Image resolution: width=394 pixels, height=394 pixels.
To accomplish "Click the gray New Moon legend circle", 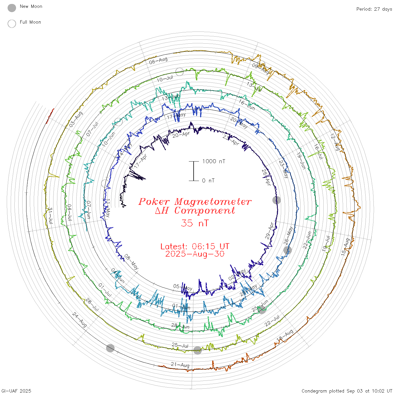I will [x=12, y=8].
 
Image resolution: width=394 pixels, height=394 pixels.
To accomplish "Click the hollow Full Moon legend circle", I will [x=12, y=24].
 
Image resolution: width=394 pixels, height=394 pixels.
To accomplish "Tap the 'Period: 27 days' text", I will [x=374, y=9].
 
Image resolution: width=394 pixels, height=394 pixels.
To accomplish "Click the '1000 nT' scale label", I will [x=214, y=161].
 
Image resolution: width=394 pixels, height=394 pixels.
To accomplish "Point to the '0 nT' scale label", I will [x=208, y=180].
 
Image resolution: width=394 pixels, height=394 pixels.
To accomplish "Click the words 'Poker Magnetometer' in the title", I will [x=195, y=202].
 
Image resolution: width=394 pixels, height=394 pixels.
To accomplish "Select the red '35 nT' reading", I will [x=195, y=223].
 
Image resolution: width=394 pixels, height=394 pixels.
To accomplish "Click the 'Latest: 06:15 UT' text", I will [x=195, y=247].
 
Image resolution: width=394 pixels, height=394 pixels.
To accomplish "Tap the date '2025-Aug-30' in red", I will [x=195, y=254].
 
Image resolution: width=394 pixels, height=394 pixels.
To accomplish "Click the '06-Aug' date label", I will [x=158, y=61].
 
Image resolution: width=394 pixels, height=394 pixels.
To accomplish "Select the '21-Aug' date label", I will [x=180, y=365].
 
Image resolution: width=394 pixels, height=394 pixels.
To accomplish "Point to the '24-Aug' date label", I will [x=79, y=319].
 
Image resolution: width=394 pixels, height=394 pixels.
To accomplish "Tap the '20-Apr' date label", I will [x=181, y=135].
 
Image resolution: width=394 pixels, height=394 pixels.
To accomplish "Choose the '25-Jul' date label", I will [x=180, y=345].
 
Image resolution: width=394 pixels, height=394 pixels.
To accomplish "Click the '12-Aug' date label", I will [x=335, y=142].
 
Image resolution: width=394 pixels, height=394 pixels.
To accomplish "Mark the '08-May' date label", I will [x=131, y=262].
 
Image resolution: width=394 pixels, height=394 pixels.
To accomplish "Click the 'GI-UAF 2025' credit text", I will [x=16, y=391].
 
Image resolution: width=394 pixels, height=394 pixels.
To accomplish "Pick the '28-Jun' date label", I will [x=180, y=326].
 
